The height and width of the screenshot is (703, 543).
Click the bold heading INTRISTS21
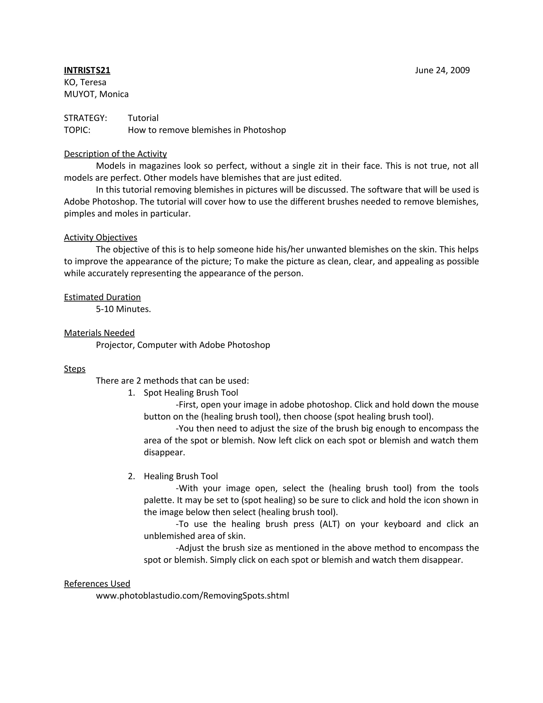pos(87,71)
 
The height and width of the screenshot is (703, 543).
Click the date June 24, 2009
pos(442,71)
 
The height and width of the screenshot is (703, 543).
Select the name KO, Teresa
pos(85,83)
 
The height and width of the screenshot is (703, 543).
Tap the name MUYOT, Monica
pos(96,94)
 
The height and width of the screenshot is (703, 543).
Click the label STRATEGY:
pos(85,118)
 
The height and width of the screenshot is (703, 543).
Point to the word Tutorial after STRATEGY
pos(143,118)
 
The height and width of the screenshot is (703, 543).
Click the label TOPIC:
pos(77,130)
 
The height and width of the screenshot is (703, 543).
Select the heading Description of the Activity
pos(115,154)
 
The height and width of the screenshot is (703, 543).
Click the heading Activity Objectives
pos(100,237)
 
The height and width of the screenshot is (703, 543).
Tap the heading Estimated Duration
pos(102,297)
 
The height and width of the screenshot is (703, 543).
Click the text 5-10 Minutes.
pos(123,309)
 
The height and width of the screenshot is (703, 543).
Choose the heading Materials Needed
pos(99,333)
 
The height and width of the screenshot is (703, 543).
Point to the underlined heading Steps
pos(75,369)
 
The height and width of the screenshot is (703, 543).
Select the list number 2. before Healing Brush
pos(131,476)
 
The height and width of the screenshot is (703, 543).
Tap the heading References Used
pos(97,584)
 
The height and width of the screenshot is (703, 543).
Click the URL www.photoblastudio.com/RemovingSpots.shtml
pos(192,596)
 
